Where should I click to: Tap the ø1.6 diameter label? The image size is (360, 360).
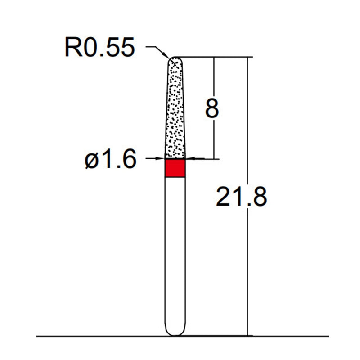point(111,159)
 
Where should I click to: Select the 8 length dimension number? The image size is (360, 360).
point(212,108)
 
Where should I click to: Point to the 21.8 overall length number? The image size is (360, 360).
point(242,197)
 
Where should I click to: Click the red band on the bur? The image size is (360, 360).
point(175,168)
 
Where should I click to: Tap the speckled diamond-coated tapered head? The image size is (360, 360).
point(175,112)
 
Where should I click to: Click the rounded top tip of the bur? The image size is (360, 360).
point(175,58)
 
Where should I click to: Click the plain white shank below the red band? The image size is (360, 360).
point(175,252)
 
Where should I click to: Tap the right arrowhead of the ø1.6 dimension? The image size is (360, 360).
point(189,158)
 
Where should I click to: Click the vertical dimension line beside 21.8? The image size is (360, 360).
point(247,270)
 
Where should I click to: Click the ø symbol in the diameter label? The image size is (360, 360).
point(91,160)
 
